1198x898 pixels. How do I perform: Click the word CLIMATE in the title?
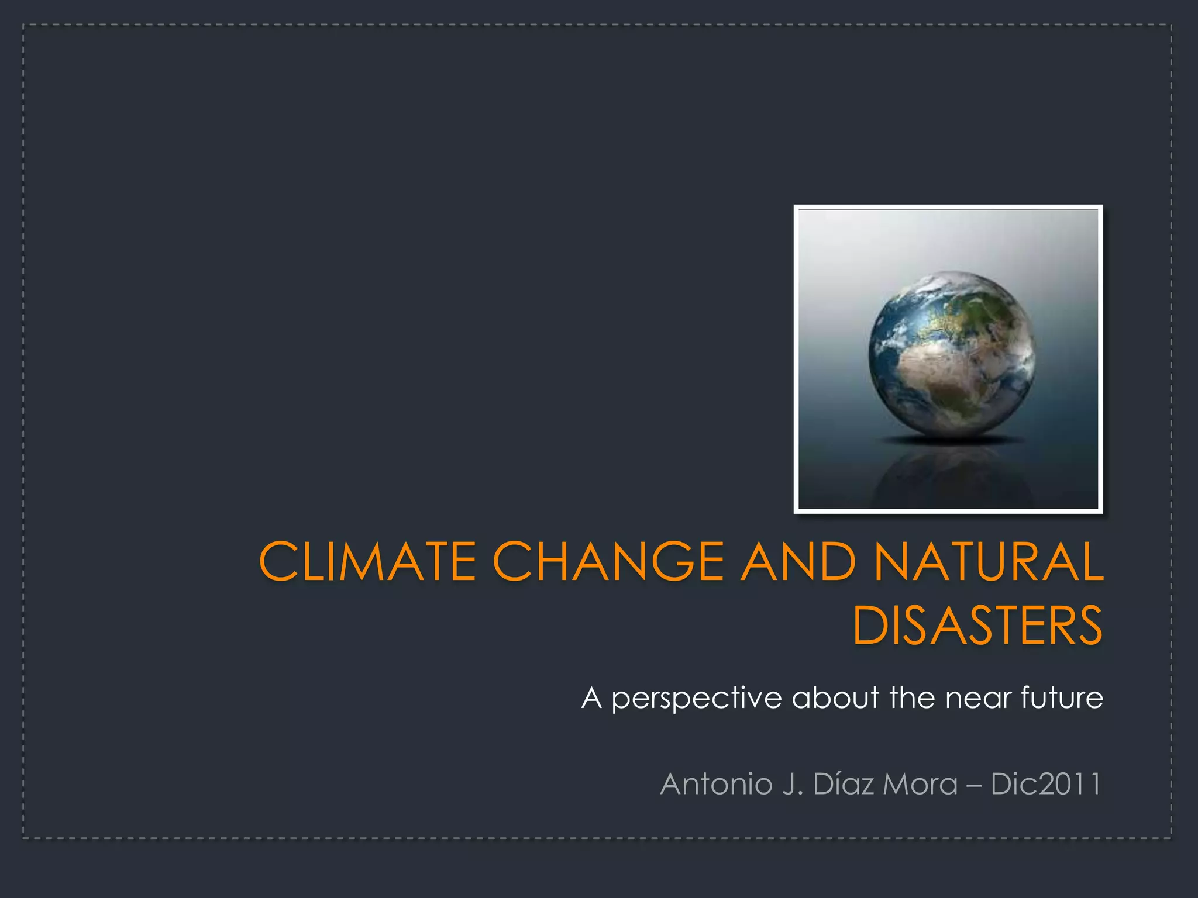367,561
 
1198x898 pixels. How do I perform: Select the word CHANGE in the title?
608,561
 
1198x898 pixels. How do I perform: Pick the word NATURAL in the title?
989,561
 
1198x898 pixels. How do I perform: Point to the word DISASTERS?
977,626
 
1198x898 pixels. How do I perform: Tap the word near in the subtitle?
978,699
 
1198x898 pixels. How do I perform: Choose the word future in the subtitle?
1062,697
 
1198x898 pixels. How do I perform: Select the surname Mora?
920,784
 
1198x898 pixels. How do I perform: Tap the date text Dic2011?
1046,784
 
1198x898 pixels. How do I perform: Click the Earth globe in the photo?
951,353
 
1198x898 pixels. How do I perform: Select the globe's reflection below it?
951,474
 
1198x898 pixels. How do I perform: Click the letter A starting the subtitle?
591,697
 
